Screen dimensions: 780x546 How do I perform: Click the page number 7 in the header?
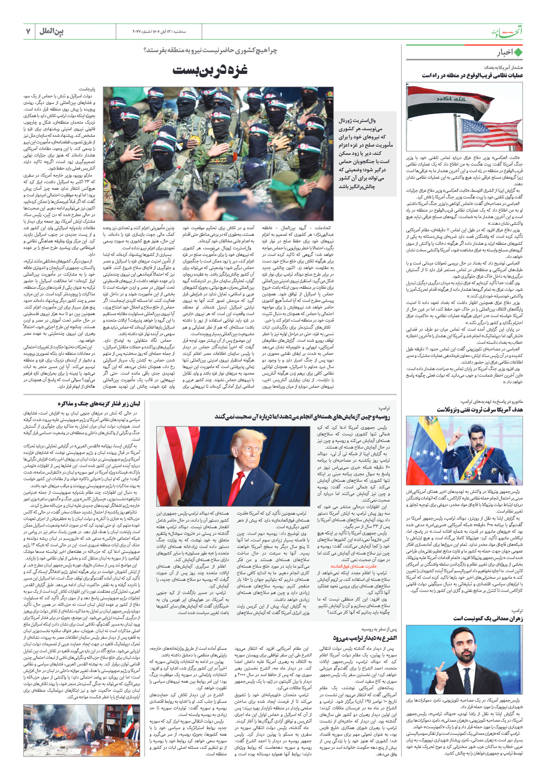(x=28, y=31)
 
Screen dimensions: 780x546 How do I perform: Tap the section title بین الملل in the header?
(x=51, y=31)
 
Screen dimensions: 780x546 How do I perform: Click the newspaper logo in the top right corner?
(x=507, y=31)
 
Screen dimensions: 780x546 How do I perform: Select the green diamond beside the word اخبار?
(x=518, y=53)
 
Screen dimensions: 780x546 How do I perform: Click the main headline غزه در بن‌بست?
(x=210, y=70)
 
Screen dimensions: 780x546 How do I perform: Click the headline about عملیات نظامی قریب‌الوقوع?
(x=472, y=76)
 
